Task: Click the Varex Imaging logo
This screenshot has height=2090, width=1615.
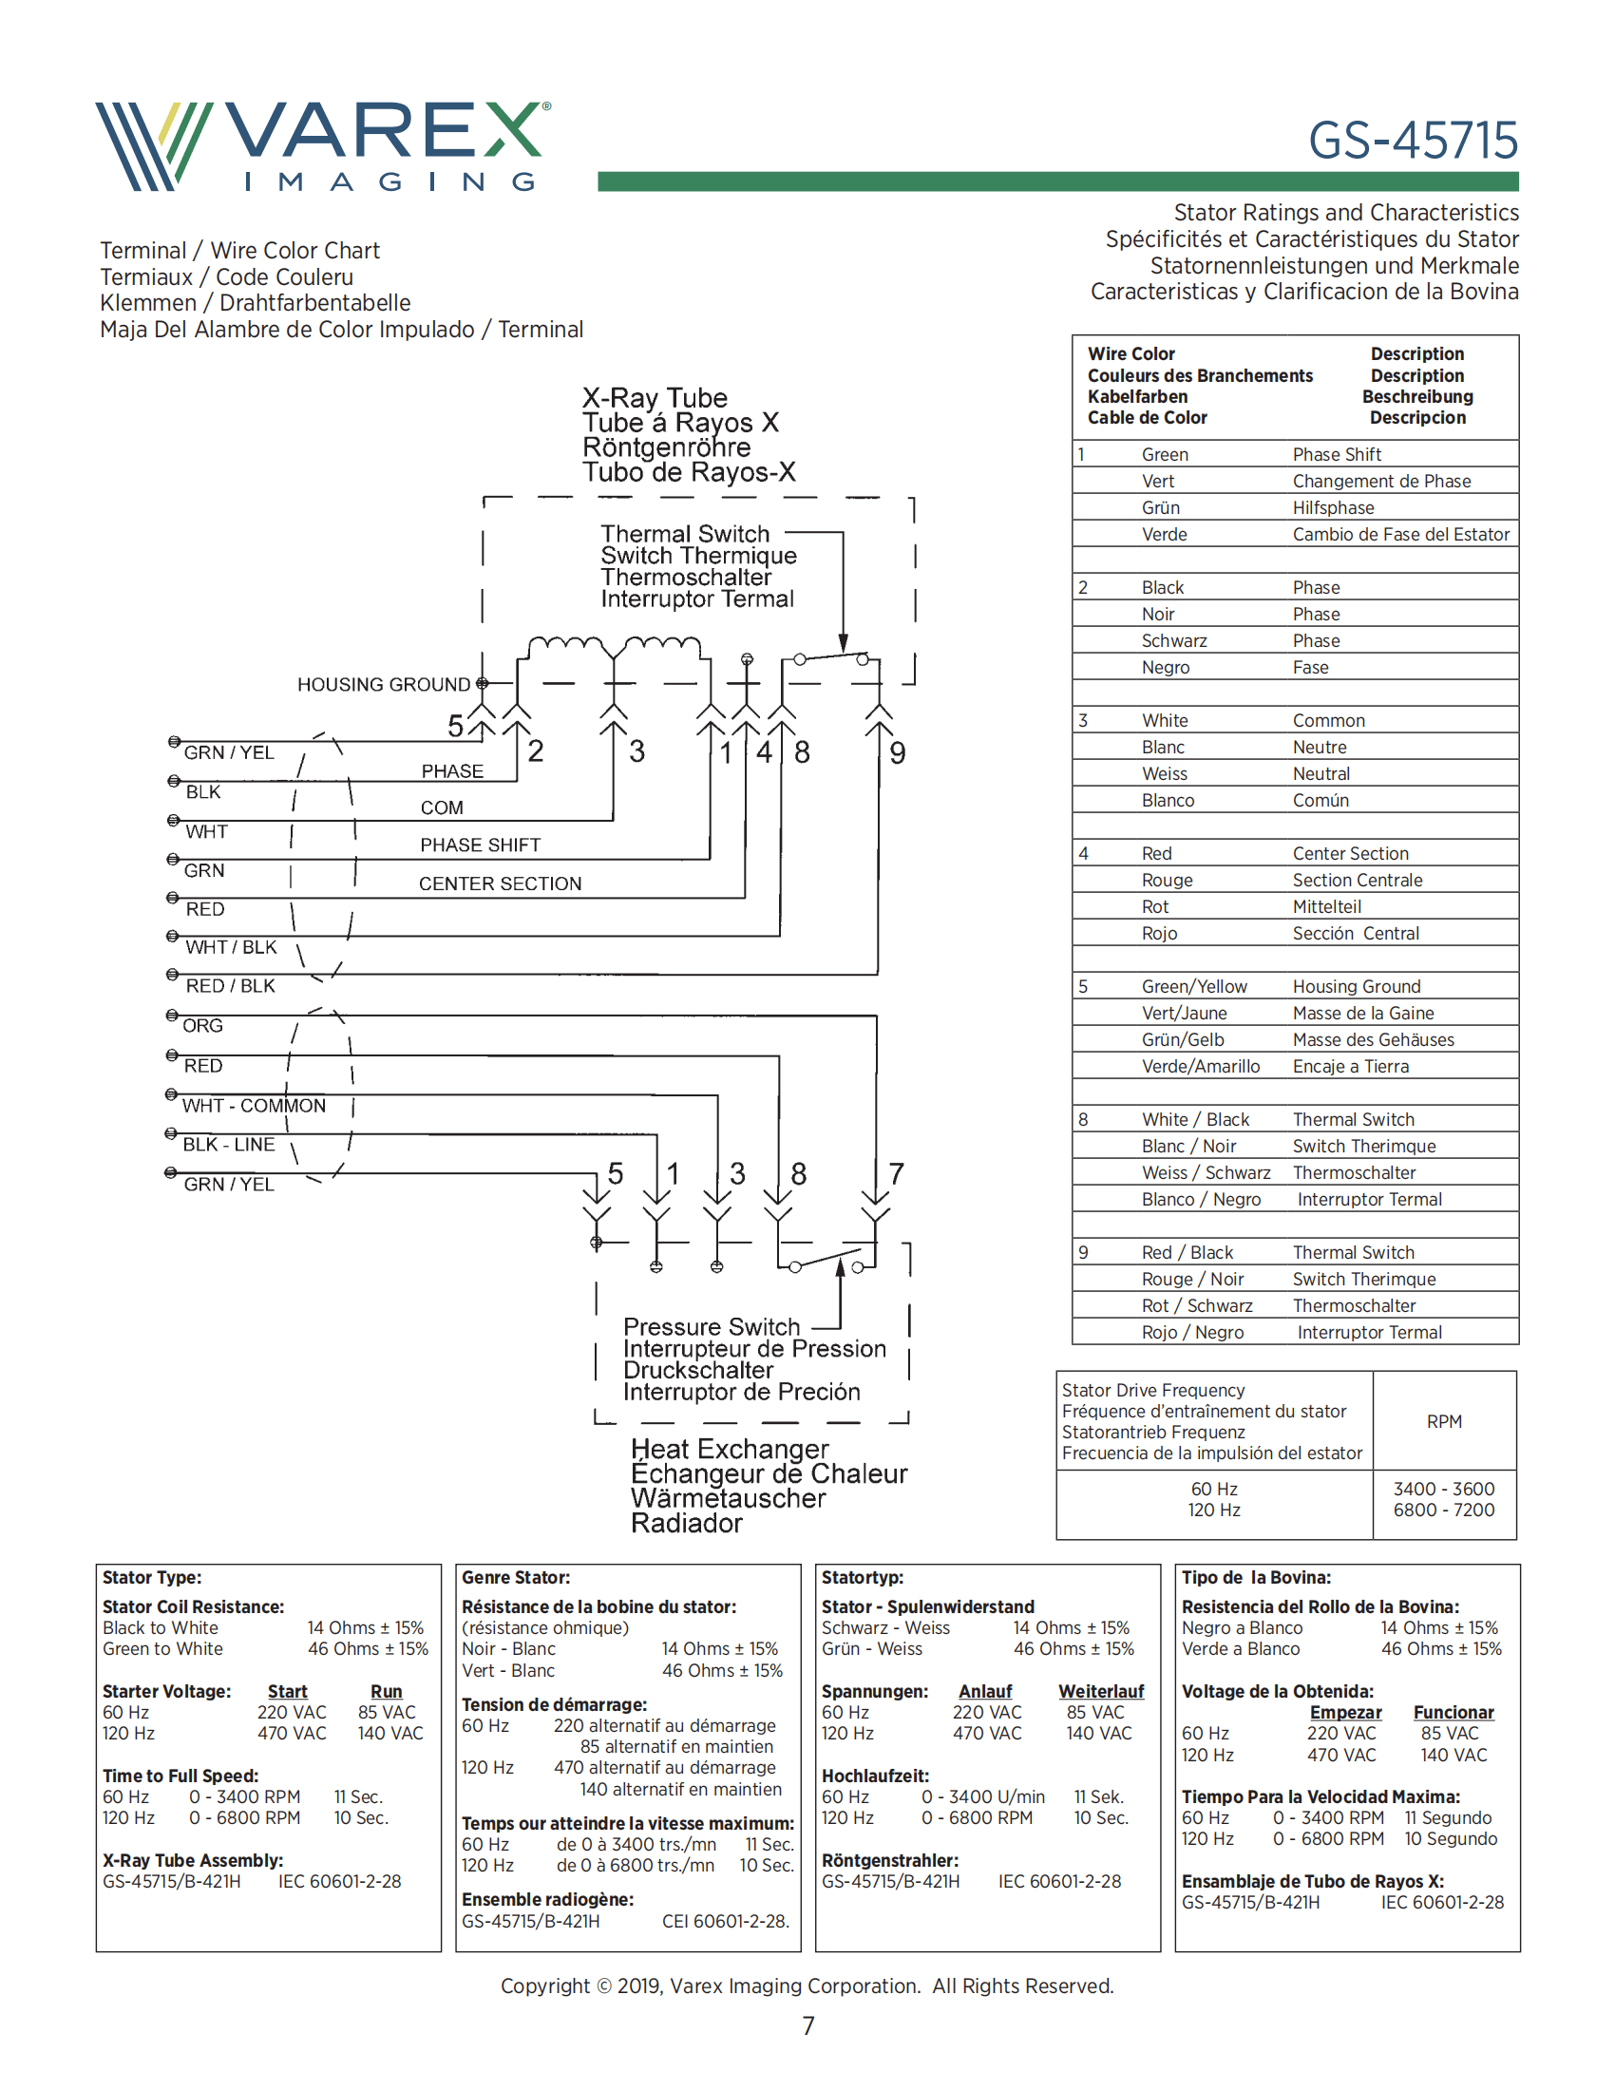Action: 322,145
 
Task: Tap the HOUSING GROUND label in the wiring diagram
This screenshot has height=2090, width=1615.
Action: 383,684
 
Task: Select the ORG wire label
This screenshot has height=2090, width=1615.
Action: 203,1026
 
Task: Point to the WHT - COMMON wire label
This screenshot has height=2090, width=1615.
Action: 254,1105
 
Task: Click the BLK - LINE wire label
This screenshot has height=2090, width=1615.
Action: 229,1145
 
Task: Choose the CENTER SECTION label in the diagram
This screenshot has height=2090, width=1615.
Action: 500,883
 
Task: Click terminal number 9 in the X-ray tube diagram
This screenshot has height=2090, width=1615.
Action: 898,753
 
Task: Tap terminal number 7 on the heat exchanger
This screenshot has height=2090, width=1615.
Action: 896,1173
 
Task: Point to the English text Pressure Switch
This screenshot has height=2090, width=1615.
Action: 711,1326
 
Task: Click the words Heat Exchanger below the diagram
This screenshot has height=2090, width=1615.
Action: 729,1449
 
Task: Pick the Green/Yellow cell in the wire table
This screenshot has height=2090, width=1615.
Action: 1194,987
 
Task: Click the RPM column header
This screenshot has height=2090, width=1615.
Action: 1444,1422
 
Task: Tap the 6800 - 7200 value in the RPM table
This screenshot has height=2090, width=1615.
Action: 1444,1510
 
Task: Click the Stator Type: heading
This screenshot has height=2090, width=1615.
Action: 152,1578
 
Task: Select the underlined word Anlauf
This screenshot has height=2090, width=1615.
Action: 984,1691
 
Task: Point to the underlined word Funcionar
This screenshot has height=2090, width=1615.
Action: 1453,1712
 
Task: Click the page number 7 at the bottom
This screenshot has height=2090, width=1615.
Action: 808,2026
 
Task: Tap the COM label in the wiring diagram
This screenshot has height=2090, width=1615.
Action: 441,807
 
